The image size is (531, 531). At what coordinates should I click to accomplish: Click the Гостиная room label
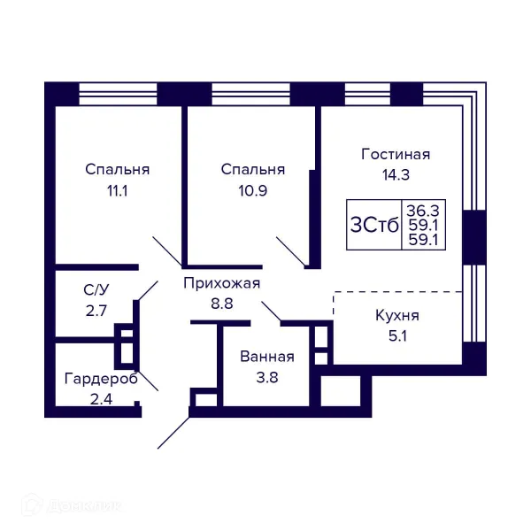click(x=396, y=154)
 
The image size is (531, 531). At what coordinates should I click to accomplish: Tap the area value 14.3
click(x=396, y=174)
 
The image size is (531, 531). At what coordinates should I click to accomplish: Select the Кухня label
click(x=396, y=316)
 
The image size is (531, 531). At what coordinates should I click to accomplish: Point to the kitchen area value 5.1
click(x=396, y=335)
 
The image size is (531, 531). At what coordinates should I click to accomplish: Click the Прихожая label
click(x=221, y=283)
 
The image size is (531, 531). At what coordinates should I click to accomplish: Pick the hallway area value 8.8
click(x=221, y=303)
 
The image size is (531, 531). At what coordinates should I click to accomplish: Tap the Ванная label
click(x=266, y=358)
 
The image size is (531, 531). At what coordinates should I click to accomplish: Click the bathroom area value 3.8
click(x=266, y=377)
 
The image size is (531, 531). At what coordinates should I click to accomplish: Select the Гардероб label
click(x=101, y=379)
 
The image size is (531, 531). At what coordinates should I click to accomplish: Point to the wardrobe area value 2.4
click(x=101, y=398)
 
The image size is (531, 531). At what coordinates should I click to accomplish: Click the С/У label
click(x=96, y=289)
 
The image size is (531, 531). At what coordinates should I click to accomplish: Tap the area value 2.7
click(x=96, y=310)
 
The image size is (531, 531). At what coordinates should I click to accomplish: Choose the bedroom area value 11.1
click(x=117, y=189)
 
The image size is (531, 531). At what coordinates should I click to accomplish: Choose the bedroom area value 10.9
click(x=252, y=189)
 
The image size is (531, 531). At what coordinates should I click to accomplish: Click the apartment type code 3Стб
click(x=375, y=223)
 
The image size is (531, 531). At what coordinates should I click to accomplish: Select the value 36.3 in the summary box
click(x=422, y=210)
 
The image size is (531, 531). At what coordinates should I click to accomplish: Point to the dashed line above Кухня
click(x=398, y=292)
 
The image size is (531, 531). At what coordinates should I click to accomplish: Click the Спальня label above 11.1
click(x=117, y=169)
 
